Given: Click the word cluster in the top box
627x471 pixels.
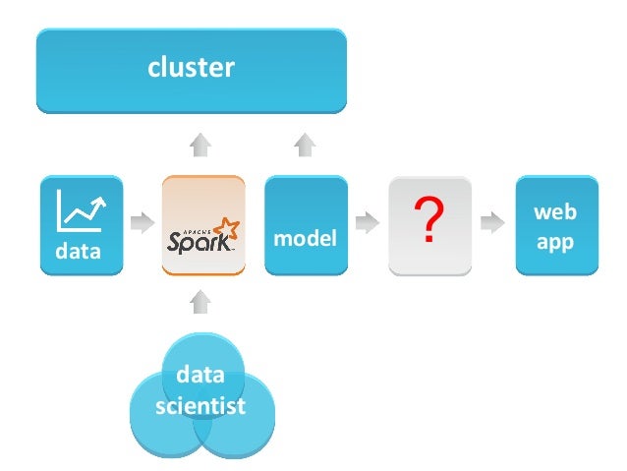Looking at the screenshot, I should [191, 68].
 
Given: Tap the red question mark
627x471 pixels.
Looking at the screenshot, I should [424, 222].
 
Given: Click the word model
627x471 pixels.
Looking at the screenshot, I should [305, 239].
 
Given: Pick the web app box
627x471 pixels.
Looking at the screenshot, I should [555, 225].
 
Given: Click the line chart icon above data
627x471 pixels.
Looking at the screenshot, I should [82, 209].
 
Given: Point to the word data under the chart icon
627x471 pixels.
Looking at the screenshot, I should [79, 251].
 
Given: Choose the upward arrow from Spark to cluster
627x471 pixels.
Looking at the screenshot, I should [200, 147].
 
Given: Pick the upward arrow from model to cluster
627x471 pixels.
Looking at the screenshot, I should [305, 147].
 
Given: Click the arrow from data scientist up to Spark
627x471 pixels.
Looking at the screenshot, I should [200, 301].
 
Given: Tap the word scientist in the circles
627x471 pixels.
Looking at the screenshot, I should [200, 406].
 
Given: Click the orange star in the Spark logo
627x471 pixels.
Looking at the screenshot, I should [227, 231].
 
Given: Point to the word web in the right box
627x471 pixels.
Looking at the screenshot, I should [555, 212].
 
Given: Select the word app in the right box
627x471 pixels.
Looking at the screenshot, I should [555, 241].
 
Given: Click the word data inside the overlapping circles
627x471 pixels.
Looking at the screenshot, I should [200, 375].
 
